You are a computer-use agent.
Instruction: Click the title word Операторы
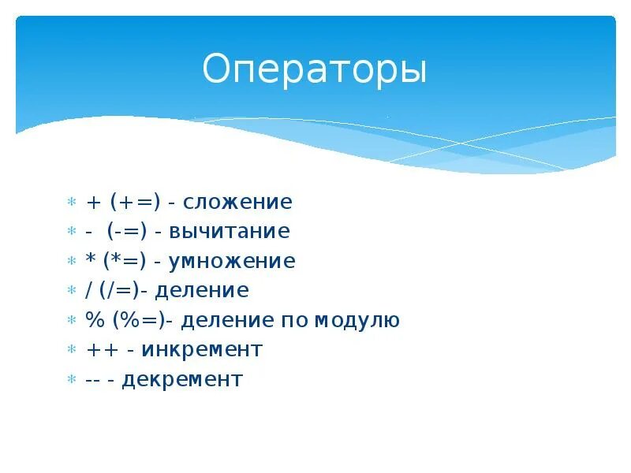[x=314, y=70]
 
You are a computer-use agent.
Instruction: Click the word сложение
[x=237, y=203]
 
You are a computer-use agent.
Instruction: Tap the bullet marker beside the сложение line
[x=71, y=203]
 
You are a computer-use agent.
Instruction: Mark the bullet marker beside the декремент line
[x=71, y=380]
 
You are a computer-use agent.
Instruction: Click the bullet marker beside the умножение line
[x=71, y=262]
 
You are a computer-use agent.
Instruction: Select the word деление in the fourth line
[x=201, y=291]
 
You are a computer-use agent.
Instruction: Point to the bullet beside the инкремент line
[x=71, y=350]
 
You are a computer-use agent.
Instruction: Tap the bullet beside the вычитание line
[x=71, y=233]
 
